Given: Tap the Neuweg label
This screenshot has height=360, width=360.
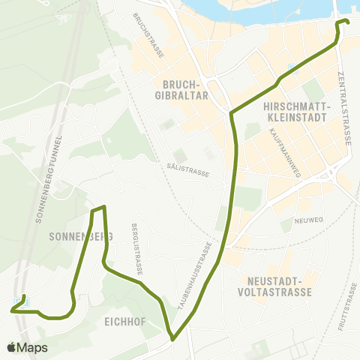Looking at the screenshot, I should [309, 220].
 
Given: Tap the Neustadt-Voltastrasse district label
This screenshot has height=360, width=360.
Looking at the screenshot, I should [273, 285].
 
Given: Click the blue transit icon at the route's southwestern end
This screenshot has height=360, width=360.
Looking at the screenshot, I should [17, 304].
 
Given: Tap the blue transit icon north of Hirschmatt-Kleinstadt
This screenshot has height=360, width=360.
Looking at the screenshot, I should [291, 70].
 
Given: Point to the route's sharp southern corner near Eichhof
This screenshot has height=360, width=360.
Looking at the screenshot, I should [173, 339].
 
